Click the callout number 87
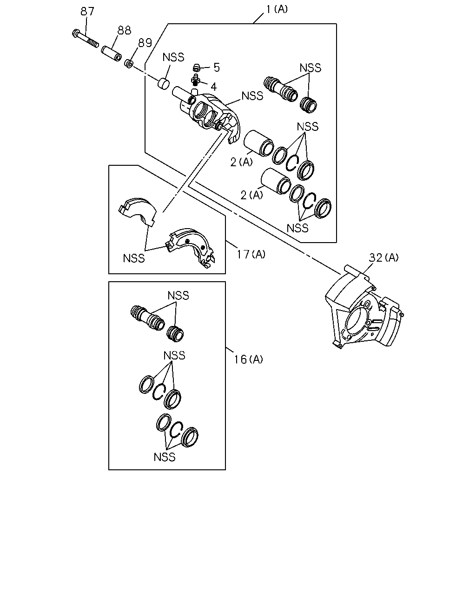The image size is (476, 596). (x=87, y=11)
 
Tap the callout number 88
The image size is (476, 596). (x=124, y=30)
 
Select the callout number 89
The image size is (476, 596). (x=145, y=43)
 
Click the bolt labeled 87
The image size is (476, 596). (x=85, y=39)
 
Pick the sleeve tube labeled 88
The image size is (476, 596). (x=111, y=53)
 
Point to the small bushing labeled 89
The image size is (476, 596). (x=129, y=63)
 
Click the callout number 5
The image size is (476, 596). (x=217, y=68)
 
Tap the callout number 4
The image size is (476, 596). (x=213, y=87)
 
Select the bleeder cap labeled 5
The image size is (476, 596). (x=196, y=68)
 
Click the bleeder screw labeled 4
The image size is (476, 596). (x=195, y=80)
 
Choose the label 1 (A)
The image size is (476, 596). (x=277, y=9)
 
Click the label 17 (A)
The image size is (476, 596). (x=251, y=254)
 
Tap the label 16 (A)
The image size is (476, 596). (x=248, y=359)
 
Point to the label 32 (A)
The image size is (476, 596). (x=383, y=257)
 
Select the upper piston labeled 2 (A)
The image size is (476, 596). (x=259, y=143)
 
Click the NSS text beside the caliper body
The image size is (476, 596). (x=252, y=96)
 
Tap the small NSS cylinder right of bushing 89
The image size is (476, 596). (x=164, y=84)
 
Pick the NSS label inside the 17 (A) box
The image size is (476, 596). (x=134, y=258)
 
